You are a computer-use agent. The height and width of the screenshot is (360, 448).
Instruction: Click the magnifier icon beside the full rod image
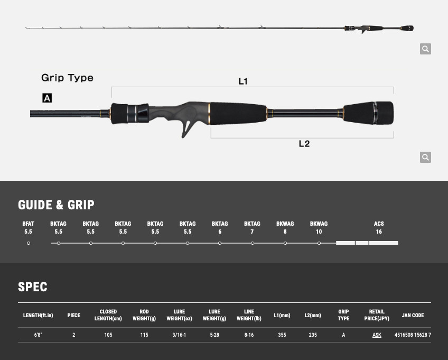[x=425, y=49]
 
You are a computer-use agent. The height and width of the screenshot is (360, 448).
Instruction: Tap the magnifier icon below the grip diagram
[x=425, y=157]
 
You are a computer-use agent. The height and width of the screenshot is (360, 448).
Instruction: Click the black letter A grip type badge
[x=47, y=98]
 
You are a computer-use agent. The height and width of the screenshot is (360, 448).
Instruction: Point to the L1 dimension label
[x=243, y=81]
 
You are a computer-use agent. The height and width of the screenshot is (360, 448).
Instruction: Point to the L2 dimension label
[x=304, y=144]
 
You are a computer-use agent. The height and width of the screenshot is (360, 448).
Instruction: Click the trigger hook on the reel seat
[x=187, y=128]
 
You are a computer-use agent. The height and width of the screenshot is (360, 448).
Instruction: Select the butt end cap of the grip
[x=384, y=113]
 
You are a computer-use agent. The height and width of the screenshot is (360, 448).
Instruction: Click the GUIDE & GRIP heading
[x=56, y=205]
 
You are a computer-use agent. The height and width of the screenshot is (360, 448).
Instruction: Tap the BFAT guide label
[x=28, y=224]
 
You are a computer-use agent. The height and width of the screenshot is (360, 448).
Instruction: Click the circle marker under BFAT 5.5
[x=29, y=243]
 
